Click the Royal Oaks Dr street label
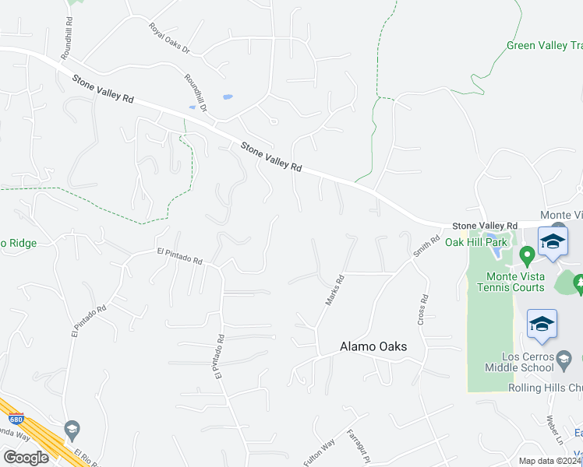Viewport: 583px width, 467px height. (170, 38)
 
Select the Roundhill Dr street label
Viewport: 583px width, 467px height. (196, 93)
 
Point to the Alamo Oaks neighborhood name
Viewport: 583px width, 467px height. (373, 347)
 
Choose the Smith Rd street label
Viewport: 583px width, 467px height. (422, 248)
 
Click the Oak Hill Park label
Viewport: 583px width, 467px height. (476, 242)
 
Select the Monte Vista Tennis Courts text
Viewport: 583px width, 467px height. (514, 282)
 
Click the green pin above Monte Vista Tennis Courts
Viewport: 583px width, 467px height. (527, 255)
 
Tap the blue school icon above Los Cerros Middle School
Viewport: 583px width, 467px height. (542, 325)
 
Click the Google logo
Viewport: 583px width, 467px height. (26, 457)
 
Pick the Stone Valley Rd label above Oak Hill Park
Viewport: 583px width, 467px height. (485, 224)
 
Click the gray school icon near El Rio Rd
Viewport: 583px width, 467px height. (72, 429)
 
